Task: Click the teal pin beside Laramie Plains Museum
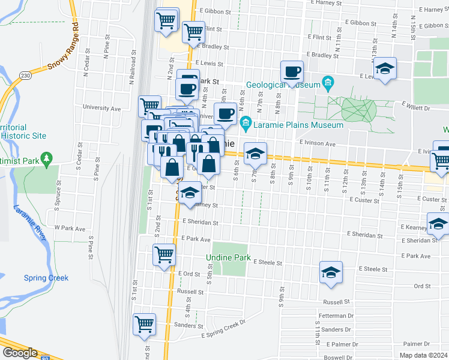[x=245, y=125]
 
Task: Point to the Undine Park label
[x=228, y=257]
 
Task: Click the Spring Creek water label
[x=46, y=278]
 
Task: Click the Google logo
[x=20, y=353]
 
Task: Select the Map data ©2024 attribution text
[x=423, y=355]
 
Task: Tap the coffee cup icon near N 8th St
[x=292, y=72]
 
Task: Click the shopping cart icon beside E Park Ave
[x=164, y=254]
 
